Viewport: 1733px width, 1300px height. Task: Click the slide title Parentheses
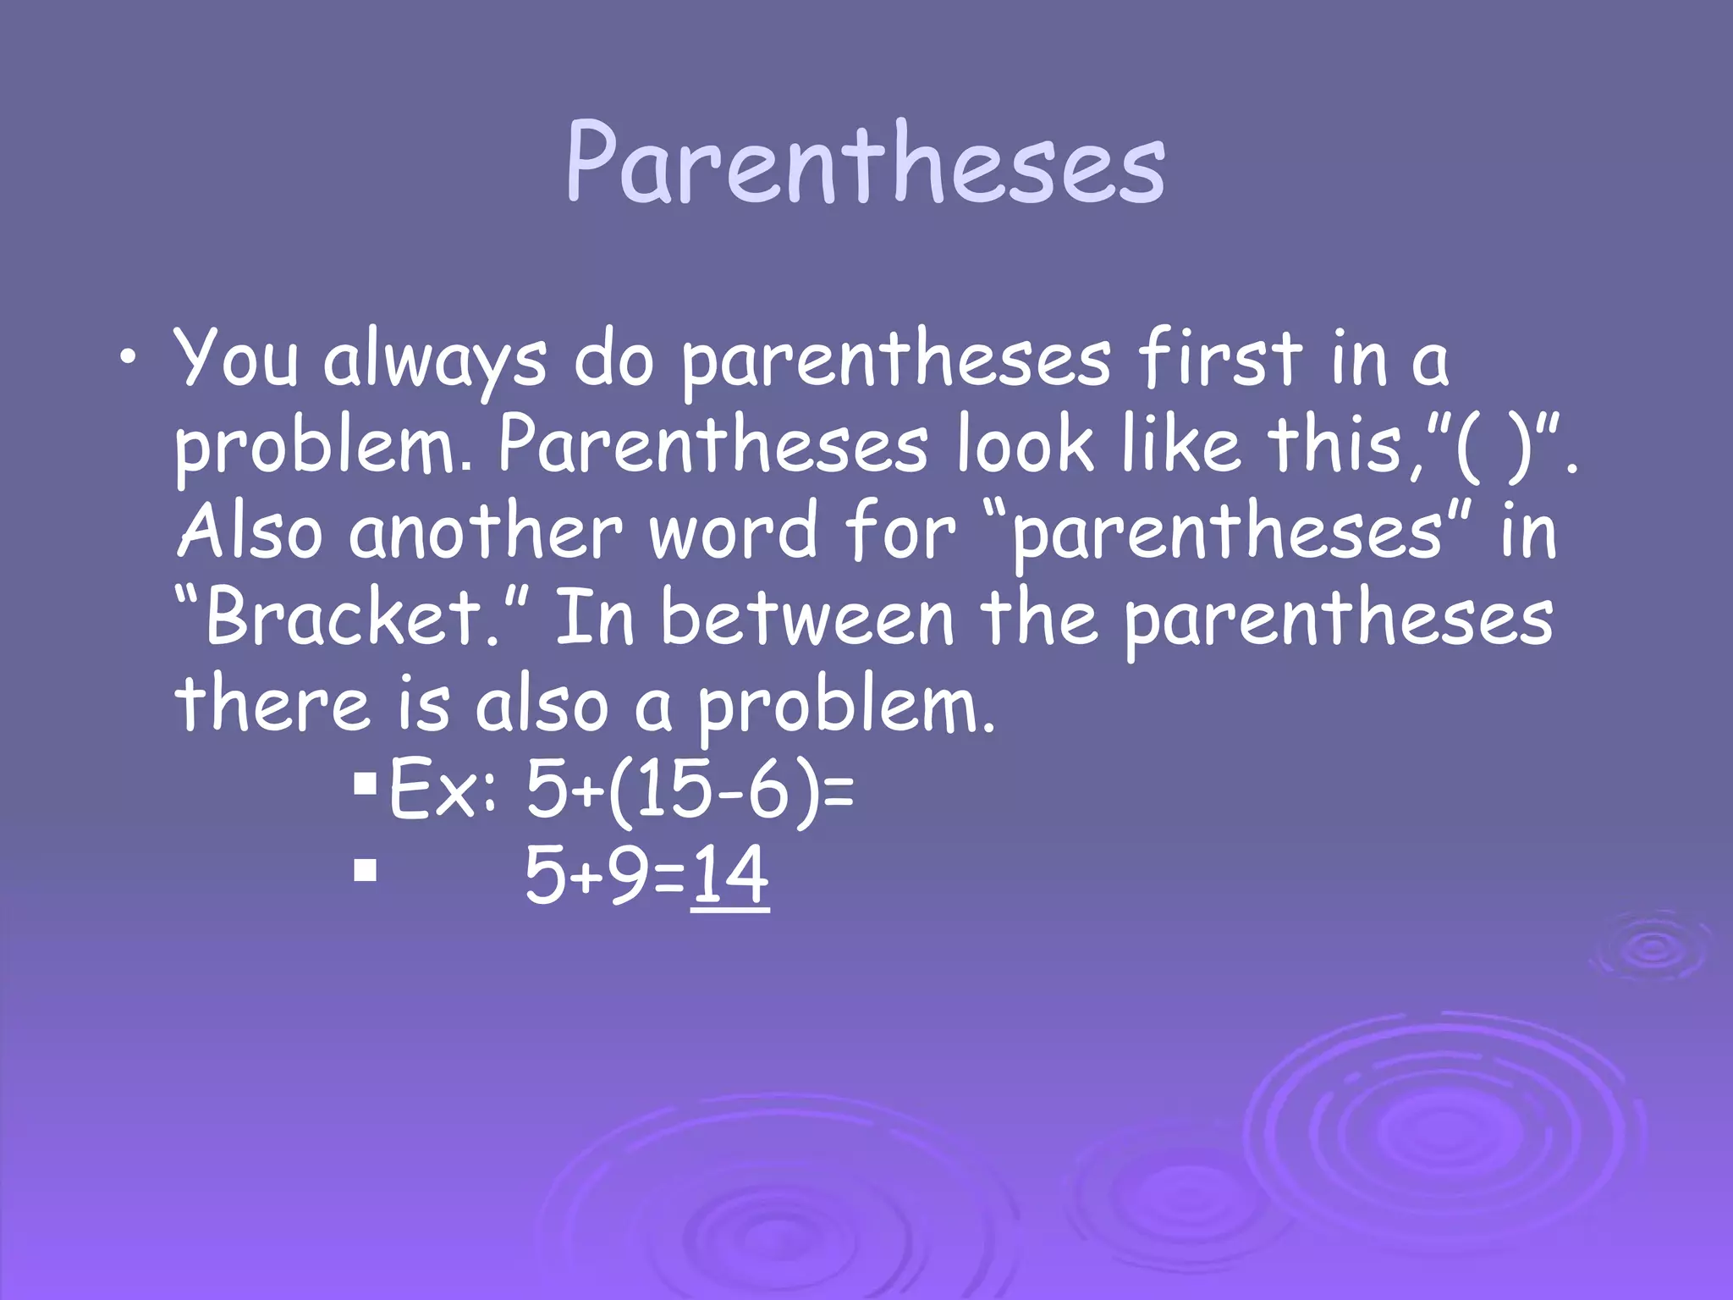tap(865, 162)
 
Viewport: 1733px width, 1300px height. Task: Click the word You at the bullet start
tap(236, 359)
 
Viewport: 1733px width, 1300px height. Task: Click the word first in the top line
tap(1219, 357)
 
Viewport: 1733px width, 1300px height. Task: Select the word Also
tap(250, 532)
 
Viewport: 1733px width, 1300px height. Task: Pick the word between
tap(807, 618)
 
